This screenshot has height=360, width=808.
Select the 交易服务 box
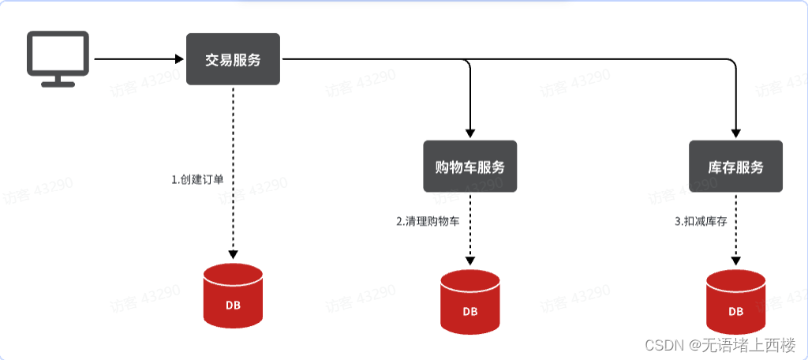(x=233, y=59)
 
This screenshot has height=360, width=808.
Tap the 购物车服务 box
(x=470, y=167)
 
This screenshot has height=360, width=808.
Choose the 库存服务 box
(x=735, y=167)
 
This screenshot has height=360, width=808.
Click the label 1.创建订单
(x=197, y=179)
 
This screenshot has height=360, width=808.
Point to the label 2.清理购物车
(x=428, y=222)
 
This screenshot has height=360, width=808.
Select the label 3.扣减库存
(x=700, y=222)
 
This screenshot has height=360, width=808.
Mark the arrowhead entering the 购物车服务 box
(x=470, y=134)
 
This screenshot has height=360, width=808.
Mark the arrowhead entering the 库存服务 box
(x=735, y=134)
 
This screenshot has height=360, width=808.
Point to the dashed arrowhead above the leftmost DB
(x=234, y=254)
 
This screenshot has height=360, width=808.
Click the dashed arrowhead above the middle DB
(x=470, y=261)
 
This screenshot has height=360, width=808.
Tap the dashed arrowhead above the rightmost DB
(x=735, y=261)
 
